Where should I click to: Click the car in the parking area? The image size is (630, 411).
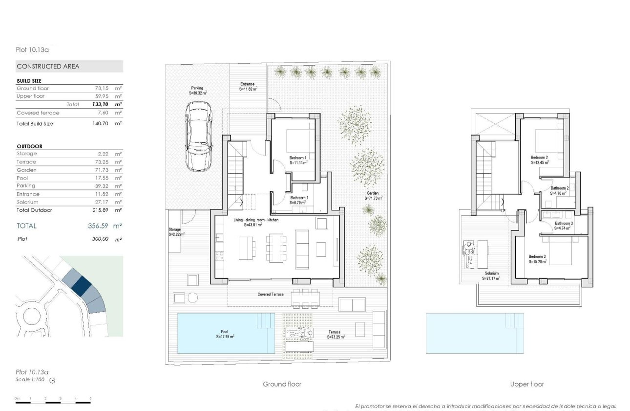click(199, 137)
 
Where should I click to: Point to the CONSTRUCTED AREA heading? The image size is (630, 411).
click(48, 67)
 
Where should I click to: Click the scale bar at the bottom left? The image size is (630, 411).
click(53, 402)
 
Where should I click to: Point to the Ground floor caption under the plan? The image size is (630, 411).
click(282, 385)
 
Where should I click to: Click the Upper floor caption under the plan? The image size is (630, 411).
click(526, 385)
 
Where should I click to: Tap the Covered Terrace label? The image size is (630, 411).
click(271, 295)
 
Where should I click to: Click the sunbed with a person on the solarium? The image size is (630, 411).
click(469, 254)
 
